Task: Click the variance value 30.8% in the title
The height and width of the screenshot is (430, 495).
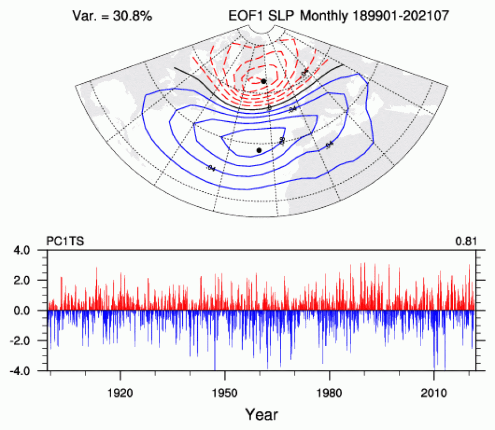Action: pos(133,17)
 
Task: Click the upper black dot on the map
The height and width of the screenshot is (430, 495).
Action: pos(264,81)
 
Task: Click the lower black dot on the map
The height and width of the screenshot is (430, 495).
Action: pos(259,150)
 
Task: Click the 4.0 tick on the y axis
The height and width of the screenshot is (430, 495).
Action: pos(33,250)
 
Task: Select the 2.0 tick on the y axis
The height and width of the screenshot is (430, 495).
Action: pos(33,280)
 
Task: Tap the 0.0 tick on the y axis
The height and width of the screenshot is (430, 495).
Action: pos(33,310)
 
